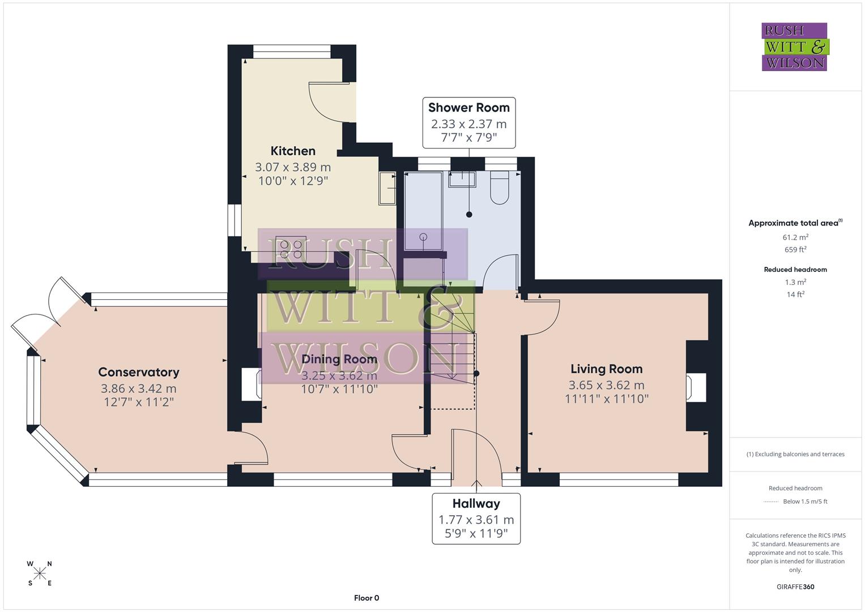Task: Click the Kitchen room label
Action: click(x=293, y=151)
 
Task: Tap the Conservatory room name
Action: click(x=139, y=372)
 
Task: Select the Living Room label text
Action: click(x=606, y=369)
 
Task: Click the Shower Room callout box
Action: click(x=468, y=122)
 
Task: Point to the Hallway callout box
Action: click(x=476, y=518)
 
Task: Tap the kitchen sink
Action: click(x=388, y=188)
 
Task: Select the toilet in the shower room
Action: click(x=500, y=188)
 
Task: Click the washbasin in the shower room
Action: click(x=462, y=178)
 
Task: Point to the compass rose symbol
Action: click(x=40, y=573)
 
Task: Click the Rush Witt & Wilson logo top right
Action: click(x=795, y=47)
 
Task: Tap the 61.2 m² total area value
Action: click(x=795, y=237)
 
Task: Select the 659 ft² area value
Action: click(x=795, y=250)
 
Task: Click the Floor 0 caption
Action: click(x=367, y=598)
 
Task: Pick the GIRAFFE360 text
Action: click(x=795, y=586)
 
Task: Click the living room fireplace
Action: click(x=696, y=387)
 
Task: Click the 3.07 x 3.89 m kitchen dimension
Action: click(x=293, y=167)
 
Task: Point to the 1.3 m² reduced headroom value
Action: click(x=795, y=282)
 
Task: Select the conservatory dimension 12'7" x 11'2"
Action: click(x=139, y=402)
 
